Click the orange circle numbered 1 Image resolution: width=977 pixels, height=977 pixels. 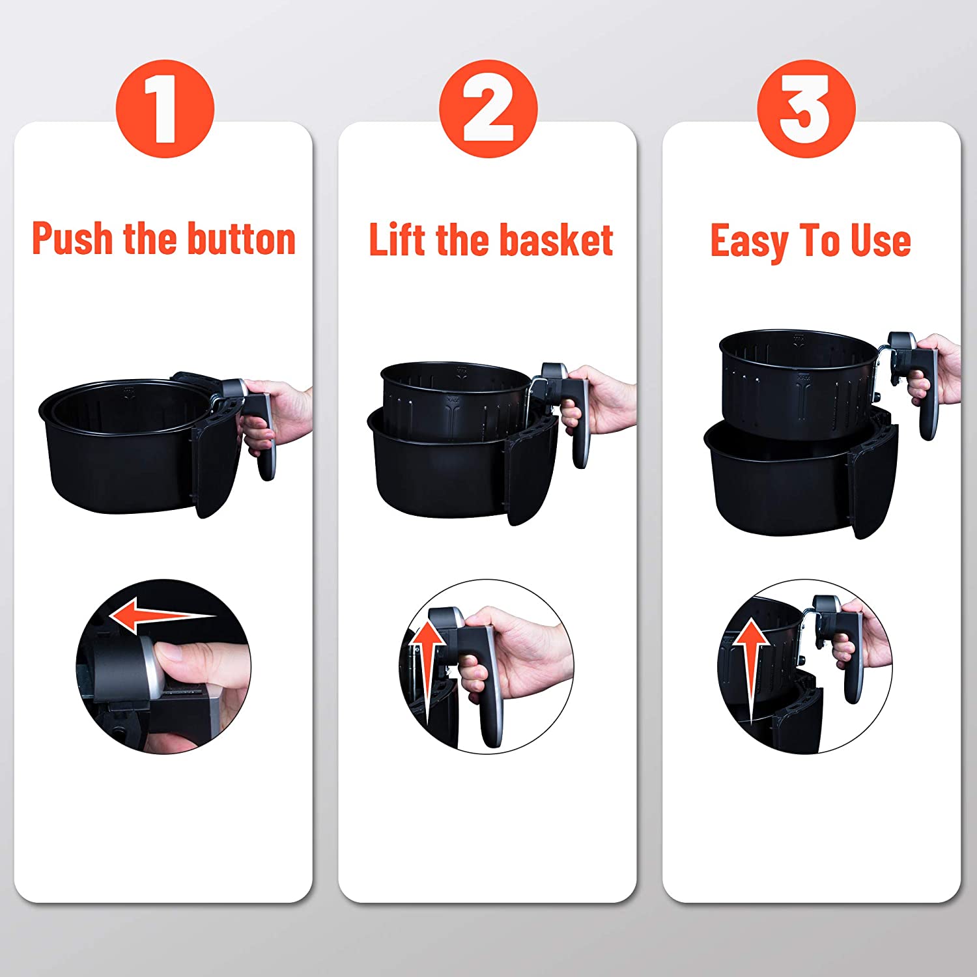[x=165, y=108]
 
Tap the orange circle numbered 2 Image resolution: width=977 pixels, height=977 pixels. [x=488, y=108]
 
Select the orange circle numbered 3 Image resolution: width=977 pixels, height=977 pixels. [x=806, y=108]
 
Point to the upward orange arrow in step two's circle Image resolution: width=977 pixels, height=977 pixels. [x=427, y=671]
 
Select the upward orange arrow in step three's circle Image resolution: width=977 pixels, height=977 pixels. [x=751, y=671]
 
